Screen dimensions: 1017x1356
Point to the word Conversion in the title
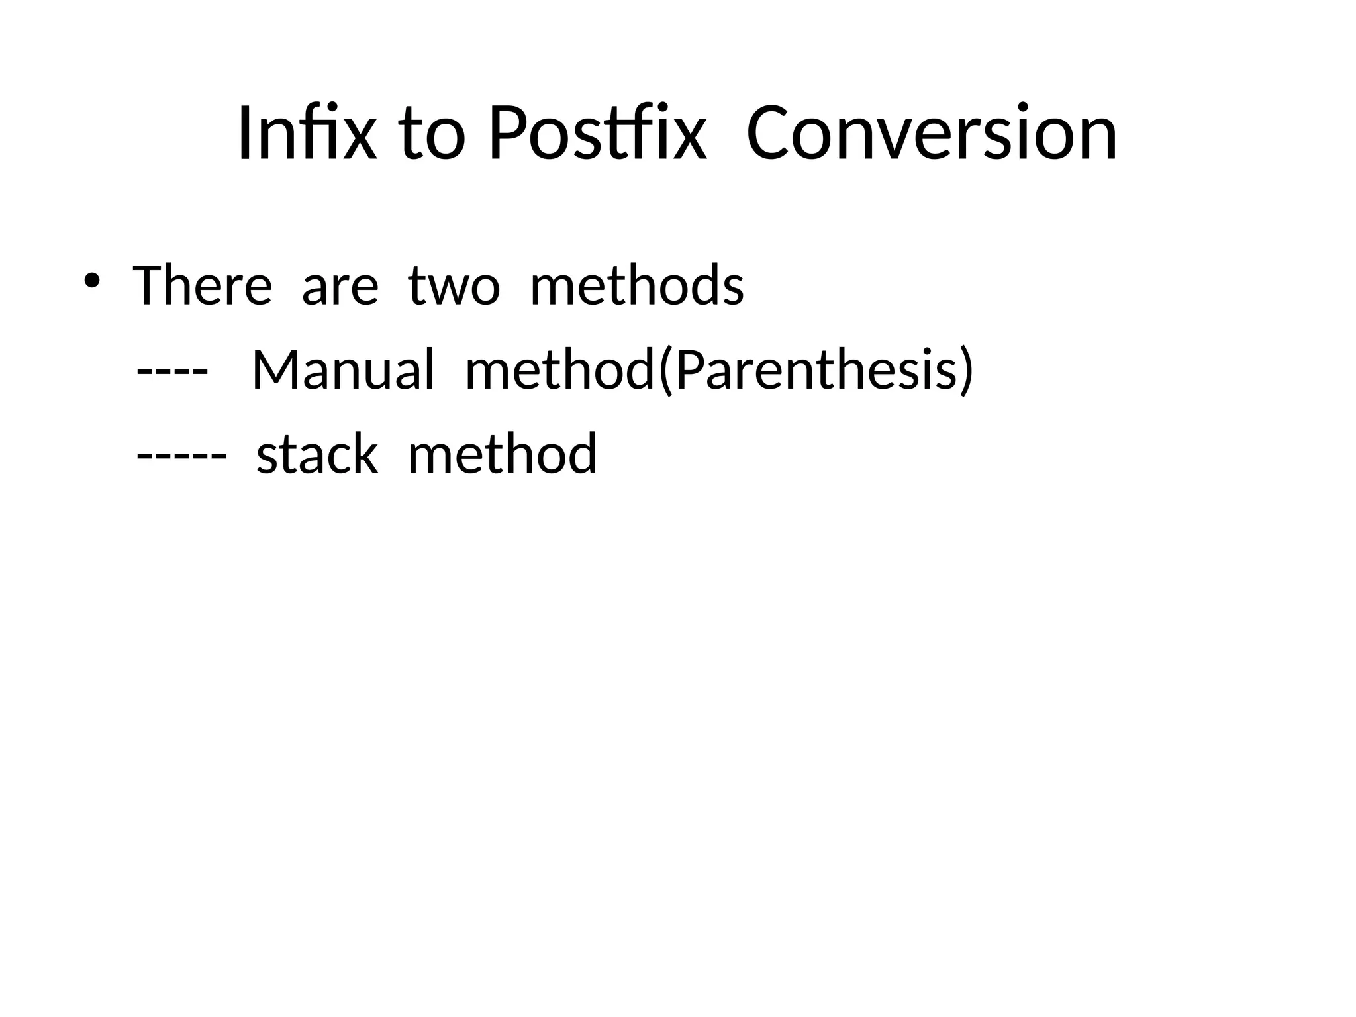click(x=932, y=133)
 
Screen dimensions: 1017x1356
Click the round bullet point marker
click(x=91, y=280)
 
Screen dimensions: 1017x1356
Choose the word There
click(x=202, y=285)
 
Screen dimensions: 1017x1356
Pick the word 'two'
click(x=454, y=287)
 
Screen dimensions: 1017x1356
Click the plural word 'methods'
click(x=637, y=285)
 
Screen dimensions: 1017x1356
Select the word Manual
click(x=343, y=369)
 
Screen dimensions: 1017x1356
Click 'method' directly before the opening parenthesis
click(x=559, y=369)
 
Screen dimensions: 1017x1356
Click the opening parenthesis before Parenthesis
click(x=665, y=371)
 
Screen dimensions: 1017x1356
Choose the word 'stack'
click(x=317, y=454)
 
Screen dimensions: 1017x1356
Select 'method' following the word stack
click(x=502, y=454)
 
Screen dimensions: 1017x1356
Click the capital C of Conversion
click(x=769, y=133)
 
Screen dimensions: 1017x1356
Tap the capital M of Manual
click(x=273, y=369)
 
